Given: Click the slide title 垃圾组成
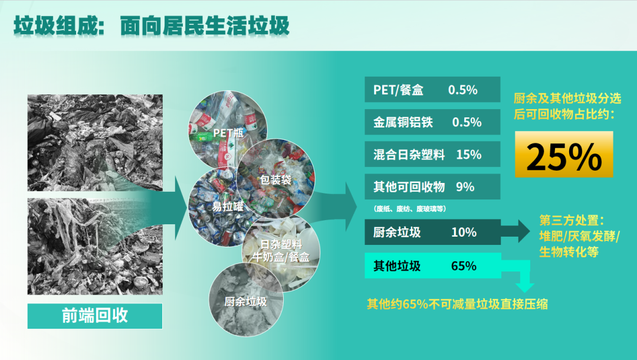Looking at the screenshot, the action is [x=54, y=26].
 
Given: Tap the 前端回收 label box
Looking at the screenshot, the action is [x=94, y=316].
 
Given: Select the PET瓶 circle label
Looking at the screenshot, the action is [x=228, y=133].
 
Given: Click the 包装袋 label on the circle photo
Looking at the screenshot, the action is [x=275, y=179].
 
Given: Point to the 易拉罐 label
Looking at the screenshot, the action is [x=228, y=207].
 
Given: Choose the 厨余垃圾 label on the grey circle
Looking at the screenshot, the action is [x=245, y=302].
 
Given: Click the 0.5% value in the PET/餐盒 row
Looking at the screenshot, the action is [x=463, y=90].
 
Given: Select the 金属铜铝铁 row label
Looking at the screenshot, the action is [x=403, y=122].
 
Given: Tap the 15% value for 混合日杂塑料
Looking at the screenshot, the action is [x=469, y=155].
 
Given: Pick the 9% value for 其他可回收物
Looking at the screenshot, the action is [x=465, y=187].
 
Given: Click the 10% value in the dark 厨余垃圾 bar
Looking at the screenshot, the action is [x=464, y=232].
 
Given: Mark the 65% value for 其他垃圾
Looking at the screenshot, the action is [x=464, y=266].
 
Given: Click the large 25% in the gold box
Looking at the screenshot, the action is [x=564, y=156].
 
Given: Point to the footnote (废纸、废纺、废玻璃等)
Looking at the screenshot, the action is [x=410, y=209].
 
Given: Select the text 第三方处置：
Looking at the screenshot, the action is [x=572, y=221].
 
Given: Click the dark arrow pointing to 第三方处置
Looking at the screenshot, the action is [x=515, y=231].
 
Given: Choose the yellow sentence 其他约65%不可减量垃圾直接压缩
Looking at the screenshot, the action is [x=457, y=304].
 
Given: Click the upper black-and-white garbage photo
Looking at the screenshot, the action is [x=95, y=143].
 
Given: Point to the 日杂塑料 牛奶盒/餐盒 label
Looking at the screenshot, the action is [x=281, y=250].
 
